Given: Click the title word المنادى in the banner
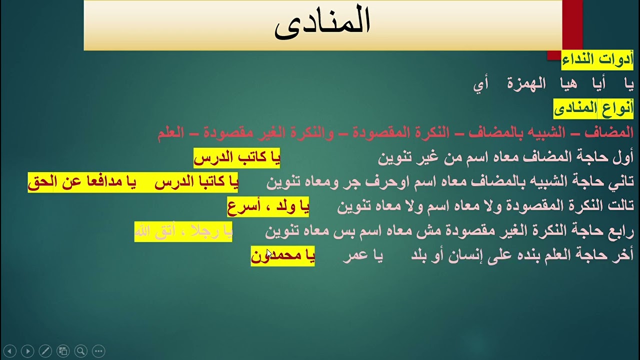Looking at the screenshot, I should [x=322, y=23].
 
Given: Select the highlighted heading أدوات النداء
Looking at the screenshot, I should [x=597, y=59].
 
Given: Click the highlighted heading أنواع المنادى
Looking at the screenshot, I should [x=593, y=108].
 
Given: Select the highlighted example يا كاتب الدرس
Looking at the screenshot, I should [x=236, y=157].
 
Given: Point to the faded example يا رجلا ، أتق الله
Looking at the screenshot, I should [x=183, y=231].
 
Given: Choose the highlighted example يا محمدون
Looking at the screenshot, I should [x=282, y=256].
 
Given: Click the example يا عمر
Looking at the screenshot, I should [x=362, y=256].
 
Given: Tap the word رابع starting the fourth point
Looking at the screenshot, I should [x=622, y=231].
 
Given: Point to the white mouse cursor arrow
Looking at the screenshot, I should [x=269, y=253].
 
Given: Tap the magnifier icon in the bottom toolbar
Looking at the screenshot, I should [x=80, y=351].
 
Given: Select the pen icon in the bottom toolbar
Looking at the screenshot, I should [x=45, y=351].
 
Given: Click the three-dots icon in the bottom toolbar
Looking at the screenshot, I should [x=98, y=351].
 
